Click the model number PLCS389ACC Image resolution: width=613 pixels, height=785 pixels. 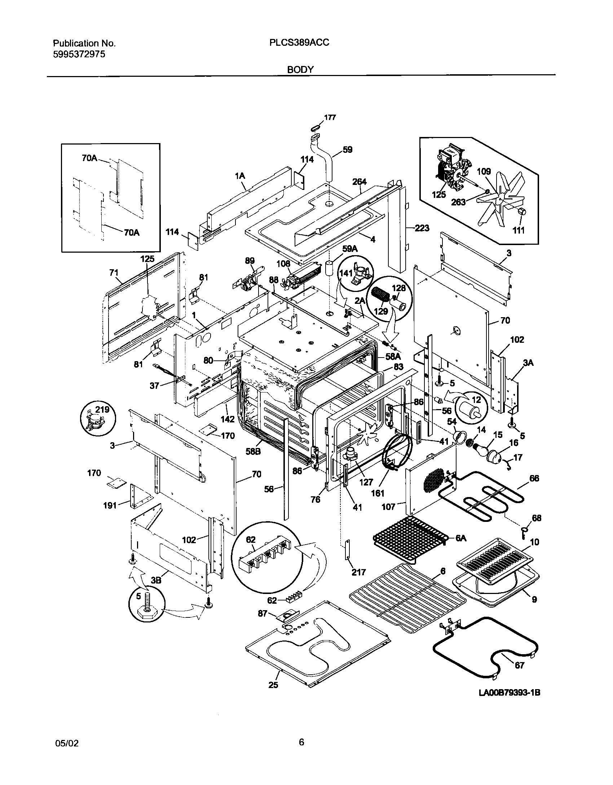coord(299,43)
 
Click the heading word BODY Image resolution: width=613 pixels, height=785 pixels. coord(300,70)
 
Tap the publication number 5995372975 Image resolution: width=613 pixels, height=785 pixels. coord(79,54)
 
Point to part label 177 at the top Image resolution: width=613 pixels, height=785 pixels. coord(330,117)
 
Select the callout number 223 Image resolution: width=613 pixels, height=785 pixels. coord(422,228)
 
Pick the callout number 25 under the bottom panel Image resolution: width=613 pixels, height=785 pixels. coord(273,695)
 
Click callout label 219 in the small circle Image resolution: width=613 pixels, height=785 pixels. coord(102,409)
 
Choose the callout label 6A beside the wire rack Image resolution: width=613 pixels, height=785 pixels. coord(461,548)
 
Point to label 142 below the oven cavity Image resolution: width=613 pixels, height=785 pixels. coord(228,419)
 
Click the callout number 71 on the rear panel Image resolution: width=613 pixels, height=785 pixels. coord(114,273)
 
